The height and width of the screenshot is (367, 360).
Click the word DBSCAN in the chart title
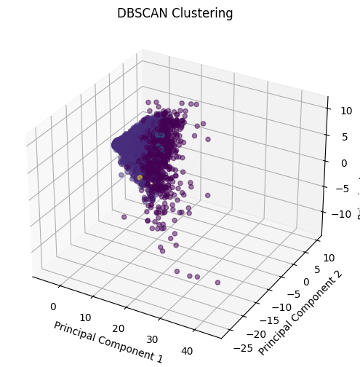pyautogui.click(x=141, y=13)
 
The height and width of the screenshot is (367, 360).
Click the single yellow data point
pyautogui.click(x=140, y=177)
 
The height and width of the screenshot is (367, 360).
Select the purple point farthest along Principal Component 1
pyautogui.click(x=217, y=282)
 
